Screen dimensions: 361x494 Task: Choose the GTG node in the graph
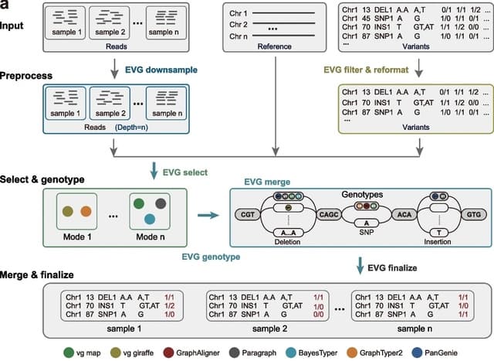coord(474,213)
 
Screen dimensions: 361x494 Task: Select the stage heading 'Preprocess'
coord(26,77)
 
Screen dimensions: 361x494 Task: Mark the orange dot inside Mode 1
coord(86,211)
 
